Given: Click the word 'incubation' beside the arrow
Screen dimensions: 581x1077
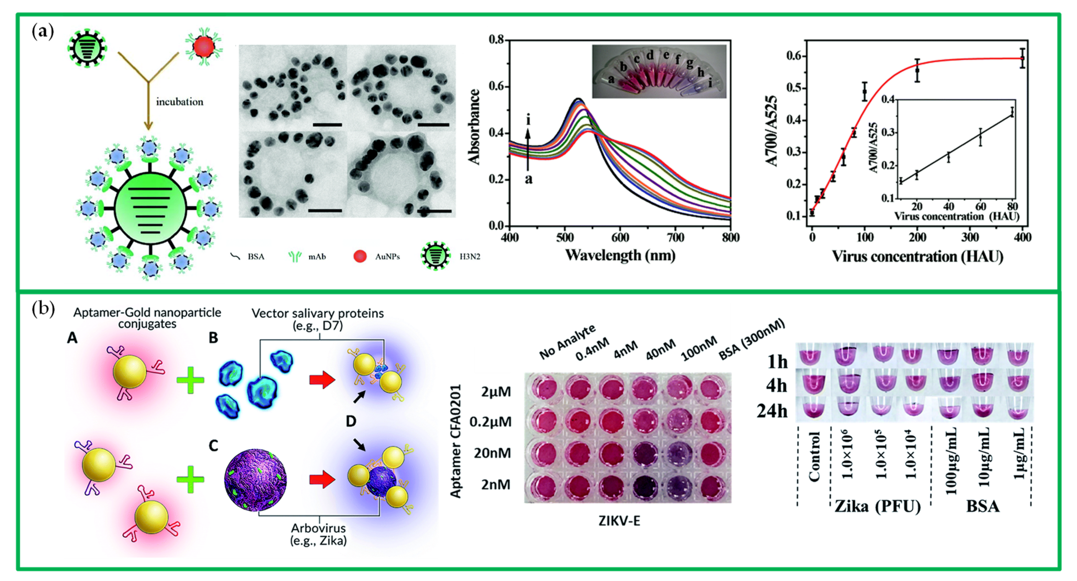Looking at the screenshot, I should point(179,102).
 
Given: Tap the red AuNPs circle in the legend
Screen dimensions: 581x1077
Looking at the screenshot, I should point(360,256).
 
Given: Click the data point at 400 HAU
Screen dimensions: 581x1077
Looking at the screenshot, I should point(1022,58).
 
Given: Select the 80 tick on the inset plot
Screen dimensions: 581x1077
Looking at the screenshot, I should point(1012,206).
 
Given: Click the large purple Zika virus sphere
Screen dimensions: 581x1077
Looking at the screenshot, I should point(256,480).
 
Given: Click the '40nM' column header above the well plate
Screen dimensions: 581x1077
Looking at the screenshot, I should point(661,349).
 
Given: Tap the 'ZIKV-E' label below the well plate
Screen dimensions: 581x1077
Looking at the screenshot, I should point(619,521).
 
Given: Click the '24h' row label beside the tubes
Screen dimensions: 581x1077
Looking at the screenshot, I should point(772,411).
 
